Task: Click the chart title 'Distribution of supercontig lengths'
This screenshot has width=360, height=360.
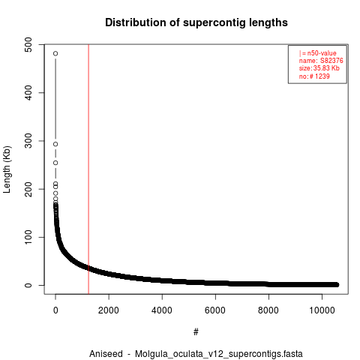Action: (196, 22)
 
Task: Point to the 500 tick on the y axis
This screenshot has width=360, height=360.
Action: (28, 45)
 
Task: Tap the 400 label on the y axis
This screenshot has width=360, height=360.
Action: (28, 93)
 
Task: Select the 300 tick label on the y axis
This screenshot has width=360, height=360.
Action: (28, 141)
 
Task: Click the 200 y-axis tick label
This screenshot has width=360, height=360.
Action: (28, 189)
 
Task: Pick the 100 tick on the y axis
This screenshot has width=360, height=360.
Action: (28, 237)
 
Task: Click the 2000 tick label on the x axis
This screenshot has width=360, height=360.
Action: (109, 310)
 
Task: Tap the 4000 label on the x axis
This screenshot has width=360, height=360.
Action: (162, 310)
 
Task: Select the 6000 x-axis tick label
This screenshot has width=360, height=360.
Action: (215, 310)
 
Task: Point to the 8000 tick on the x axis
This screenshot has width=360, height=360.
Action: (268, 310)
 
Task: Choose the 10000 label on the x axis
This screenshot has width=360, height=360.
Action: (322, 310)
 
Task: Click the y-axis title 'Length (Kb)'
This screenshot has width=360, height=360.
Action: (7, 169)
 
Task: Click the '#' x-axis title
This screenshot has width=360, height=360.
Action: (196, 332)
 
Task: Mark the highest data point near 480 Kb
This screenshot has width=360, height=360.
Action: (55, 53)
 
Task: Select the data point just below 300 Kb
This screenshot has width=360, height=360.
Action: (55, 144)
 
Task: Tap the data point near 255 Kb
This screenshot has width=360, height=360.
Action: (55, 163)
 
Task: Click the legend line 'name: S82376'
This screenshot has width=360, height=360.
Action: (321, 61)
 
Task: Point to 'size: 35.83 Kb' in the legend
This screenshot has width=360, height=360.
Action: (319, 68)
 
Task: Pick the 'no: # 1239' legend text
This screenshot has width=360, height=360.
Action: (314, 76)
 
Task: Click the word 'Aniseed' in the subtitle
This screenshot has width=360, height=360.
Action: (106, 354)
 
